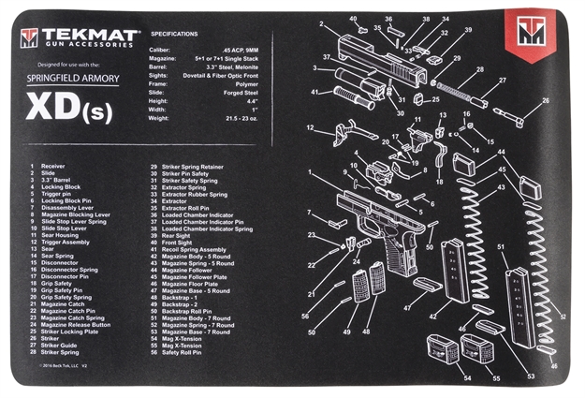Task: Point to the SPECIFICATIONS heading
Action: [x=173, y=34]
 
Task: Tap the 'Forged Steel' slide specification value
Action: [x=245, y=90]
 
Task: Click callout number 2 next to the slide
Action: [x=321, y=24]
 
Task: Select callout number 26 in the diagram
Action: [x=546, y=101]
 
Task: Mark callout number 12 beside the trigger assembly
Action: [x=310, y=127]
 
